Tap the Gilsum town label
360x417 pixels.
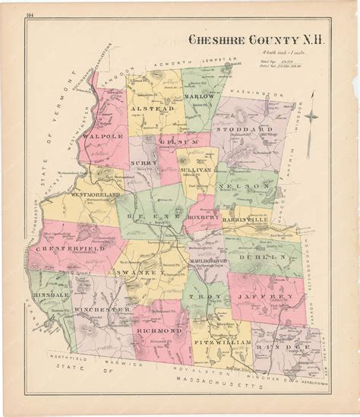[172, 141]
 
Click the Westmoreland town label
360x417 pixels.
[97, 194]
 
